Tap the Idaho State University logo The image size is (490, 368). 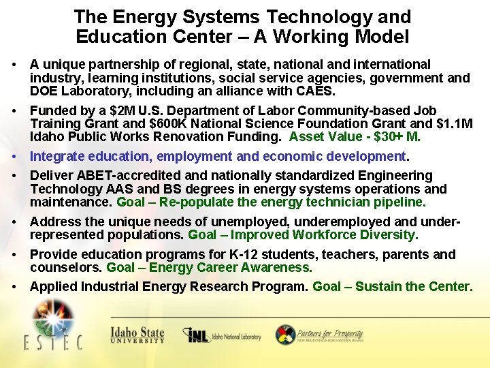click(x=137, y=335)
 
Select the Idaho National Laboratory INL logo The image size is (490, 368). click(x=223, y=336)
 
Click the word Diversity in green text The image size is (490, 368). click(x=389, y=235)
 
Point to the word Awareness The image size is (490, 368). click(x=277, y=268)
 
